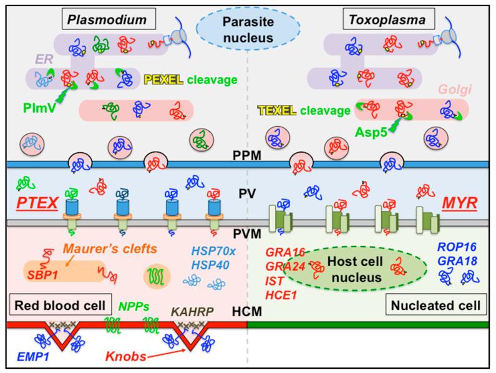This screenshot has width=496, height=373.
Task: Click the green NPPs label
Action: pos(135,306)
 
